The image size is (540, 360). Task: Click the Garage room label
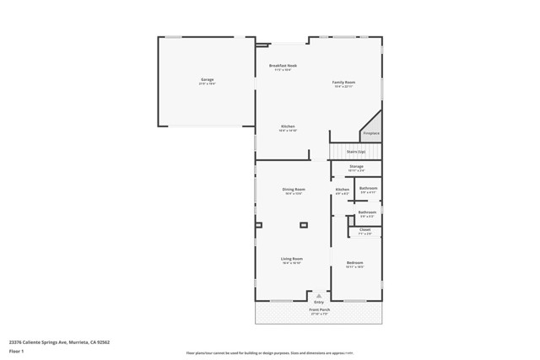pyautogui.click(x=207, y=79)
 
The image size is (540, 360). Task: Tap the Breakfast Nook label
pyautogui.click(x=283, y=66)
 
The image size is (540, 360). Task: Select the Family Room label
pyautogui.click(x=343, y=82)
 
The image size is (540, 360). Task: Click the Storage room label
pyautogui.click(x=356, y=167)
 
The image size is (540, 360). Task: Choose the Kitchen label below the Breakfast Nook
pyautogui.click(x=288, y=126)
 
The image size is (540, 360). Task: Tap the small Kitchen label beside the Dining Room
pyautogui.click(x=342, y=190)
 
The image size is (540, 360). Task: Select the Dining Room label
pyautogui.click(x=294, y=190)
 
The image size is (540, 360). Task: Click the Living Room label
pyautogui.click(x=292, y=259)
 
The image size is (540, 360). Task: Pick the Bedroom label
pyautogui.click(x=355, y=263)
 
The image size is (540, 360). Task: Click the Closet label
pyautogui.click(x=364, y=229)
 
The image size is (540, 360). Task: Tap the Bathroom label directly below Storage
pyautogui.click(x=368, y=188)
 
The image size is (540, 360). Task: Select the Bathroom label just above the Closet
pyautogui.click(x=367, y=212)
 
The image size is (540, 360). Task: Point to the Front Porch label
pyautogui.click(x=319, y=310)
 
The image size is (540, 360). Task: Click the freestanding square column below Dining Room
pyautogui.click(x=304, y=225)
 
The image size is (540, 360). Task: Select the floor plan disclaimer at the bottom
pyautogui.click(x=270, y=353)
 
